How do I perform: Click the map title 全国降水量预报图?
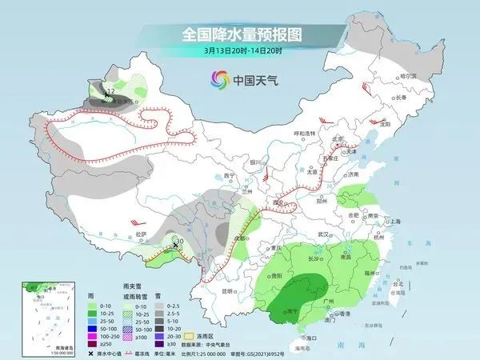tap(240, 34)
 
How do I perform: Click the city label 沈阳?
tap(389, 125)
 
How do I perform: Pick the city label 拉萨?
tap(142, 234)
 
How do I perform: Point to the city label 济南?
tap(355, 173)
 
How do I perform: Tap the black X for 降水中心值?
tap(90, 353)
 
